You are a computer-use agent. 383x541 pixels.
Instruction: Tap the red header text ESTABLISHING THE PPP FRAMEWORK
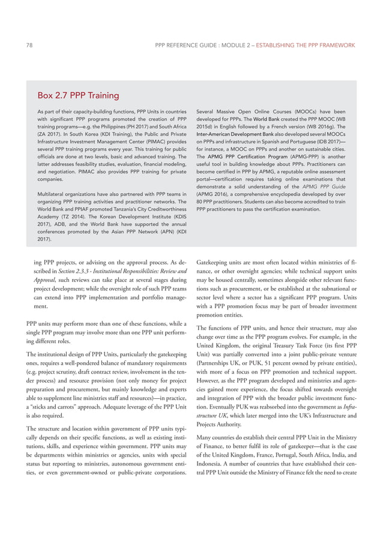306,45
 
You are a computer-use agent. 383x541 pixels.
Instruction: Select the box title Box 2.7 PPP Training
78,95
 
